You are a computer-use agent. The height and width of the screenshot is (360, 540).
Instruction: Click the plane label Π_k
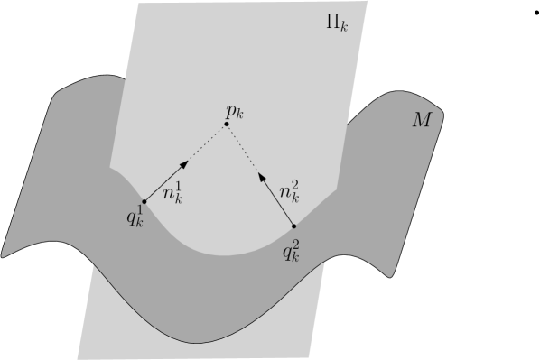[x=337, y=22]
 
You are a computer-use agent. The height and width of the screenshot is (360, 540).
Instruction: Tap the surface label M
[x=422, y=120]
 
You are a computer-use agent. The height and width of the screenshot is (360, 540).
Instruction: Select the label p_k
[x=236, y=112]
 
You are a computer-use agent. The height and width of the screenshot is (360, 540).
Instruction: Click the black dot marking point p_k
[x=227, y=125]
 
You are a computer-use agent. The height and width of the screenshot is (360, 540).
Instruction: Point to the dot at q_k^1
[x=144, y=201]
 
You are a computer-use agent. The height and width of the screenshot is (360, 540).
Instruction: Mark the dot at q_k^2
[x=294, y=226]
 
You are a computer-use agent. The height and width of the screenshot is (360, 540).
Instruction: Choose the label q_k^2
[x=290, y=249]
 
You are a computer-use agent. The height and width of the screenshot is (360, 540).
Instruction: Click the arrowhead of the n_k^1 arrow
[x=184, y=163]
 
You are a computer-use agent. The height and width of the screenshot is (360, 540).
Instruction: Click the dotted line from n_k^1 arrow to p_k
[x=207, y=143]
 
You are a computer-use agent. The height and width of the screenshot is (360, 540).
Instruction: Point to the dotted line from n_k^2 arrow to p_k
[x=244, y=150]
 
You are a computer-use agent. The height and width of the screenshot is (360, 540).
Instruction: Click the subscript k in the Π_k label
[x=345, y=25]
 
